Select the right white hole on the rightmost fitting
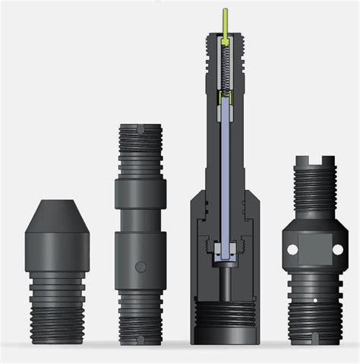[338, 249]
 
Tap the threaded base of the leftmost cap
[57, 304]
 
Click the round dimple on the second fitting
[140, 267]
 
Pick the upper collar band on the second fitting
[140, 193]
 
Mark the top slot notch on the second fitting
[140, 130]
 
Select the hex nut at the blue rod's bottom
[226, 252]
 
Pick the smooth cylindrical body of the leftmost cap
[57, 251]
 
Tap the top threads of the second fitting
[140, 152]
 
